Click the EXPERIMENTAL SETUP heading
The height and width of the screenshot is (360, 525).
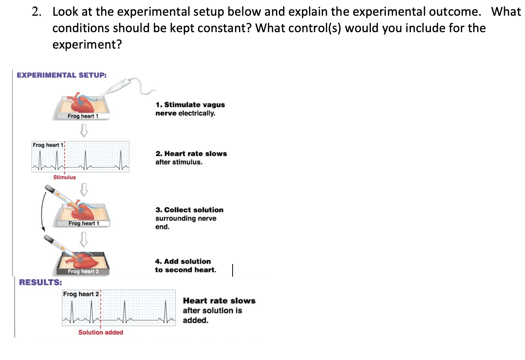pyautogui.click(x=62, y=75)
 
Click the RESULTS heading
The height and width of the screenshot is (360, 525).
pyautogui.click(x=40, y=282)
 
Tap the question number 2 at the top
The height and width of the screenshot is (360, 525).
pyautogui.click(x=36, y=12)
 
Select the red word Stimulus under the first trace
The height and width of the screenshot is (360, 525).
pyautogui.click(x=64, y=177)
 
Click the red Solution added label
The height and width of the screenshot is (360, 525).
pyautogui.click(x=101, y=332)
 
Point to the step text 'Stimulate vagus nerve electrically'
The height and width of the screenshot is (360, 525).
pyautogui.click(x=190, y=109)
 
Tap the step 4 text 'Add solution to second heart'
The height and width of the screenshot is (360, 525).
pyautogui.click(x=185, y=265)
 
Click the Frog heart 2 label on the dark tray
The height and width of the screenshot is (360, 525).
pyautogui.click(x=83, y=271)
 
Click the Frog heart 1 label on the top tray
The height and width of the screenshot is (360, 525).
pyautogui.click(x=83, y=116)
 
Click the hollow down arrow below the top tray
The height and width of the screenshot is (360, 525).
pyautogui.click(x=84, y=130)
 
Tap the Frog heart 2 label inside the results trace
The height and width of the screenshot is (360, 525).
pyautogui.click(x=81, y=294)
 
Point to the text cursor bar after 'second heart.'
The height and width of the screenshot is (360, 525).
pyautogui.click(x=233, y=270)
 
